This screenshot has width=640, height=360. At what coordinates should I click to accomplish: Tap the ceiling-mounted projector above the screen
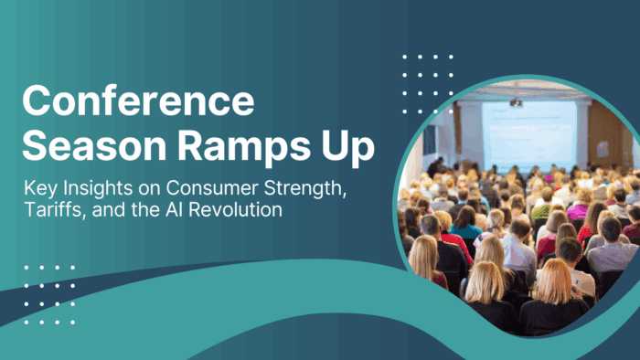click(x=516, y=101)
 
